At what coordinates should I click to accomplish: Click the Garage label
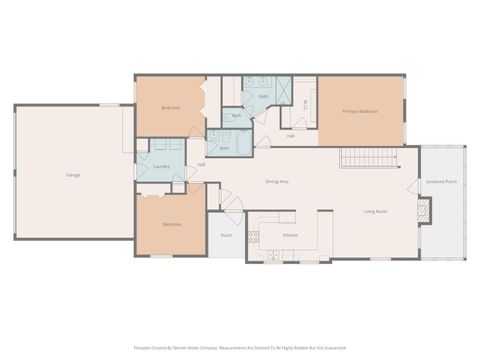pos(73,175)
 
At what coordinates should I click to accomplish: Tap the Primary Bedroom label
pos(360,111)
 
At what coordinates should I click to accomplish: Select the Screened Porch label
pos(442,182)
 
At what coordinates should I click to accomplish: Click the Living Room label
pos(375,212)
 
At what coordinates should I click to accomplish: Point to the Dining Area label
pos(277,181)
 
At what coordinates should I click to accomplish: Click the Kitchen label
pos(290,234)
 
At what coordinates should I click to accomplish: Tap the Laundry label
pos(159,167)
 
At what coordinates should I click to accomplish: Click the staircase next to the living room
pos(369,158)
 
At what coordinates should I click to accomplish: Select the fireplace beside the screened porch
pos(424,210)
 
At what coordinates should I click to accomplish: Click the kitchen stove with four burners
pos(254,236)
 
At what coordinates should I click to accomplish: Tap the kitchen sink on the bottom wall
pos(272,255)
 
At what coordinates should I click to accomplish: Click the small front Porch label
pos(226,236)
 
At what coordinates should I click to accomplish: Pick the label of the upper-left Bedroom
pos(171,107)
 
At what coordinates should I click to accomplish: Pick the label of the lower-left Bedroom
pos(172,224)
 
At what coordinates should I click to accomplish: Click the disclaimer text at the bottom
pos(240,348)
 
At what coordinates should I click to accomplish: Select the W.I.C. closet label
pos(305,103)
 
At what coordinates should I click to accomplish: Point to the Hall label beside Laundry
pos(201,164)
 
